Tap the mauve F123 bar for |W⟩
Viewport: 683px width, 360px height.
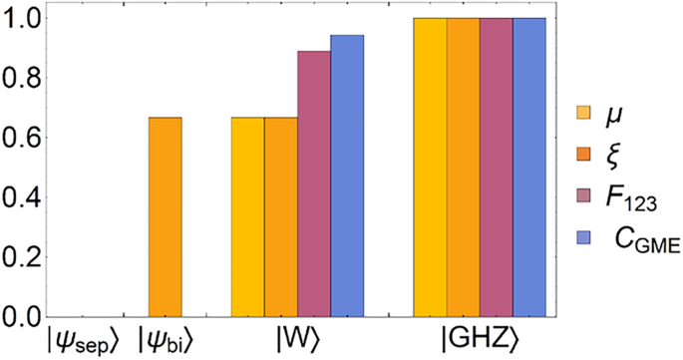tap(313, 183)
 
